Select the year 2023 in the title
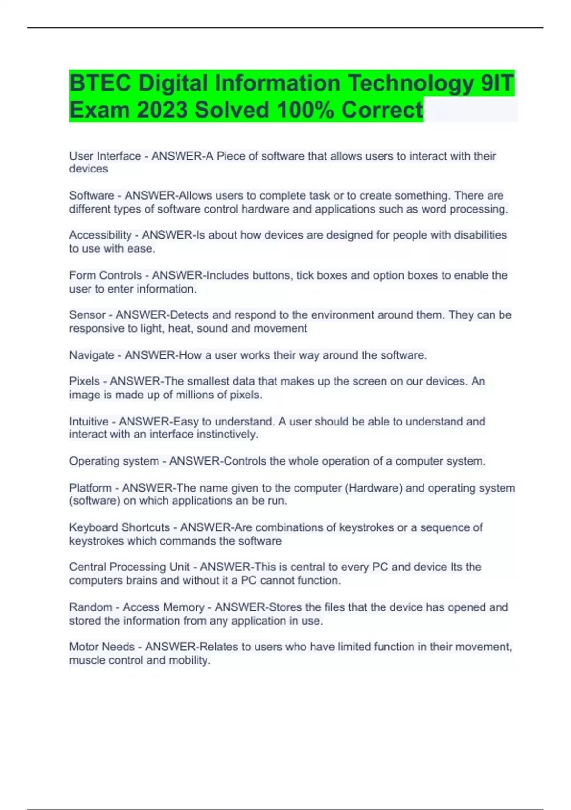pos(162,110)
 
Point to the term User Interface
pos(105,156)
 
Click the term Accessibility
pos(100,235)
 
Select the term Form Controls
pos(106,276)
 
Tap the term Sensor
pos(88,315)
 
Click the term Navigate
pos(92,355)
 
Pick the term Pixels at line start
pos(85,382)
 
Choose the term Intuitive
pos(89,422)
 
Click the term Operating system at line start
pos(114,461)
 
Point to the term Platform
pos(90,488)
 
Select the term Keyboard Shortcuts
pos(119,528)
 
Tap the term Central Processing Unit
pos(129,567)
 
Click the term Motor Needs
pos(102,647)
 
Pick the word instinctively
pos(227,435)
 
